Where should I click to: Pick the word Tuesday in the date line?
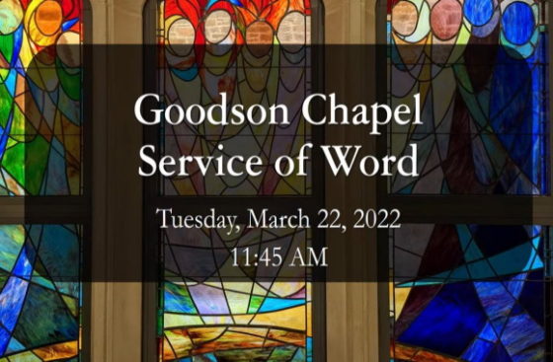coord(191,219)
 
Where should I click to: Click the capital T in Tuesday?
coord(161,218)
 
